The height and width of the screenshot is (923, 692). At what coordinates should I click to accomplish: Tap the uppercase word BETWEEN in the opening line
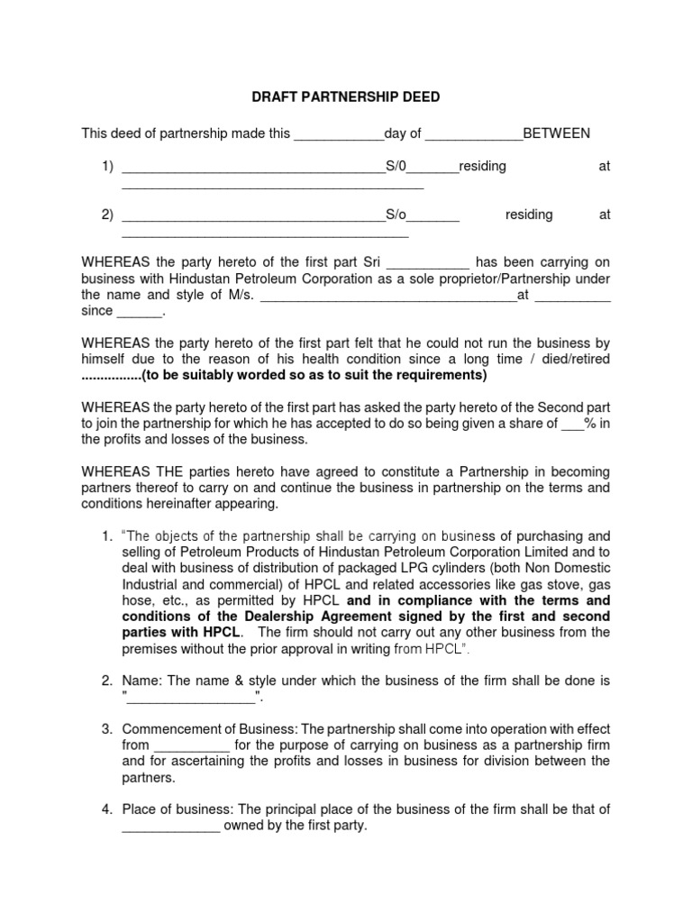pyautogui.click(x=557, y=133)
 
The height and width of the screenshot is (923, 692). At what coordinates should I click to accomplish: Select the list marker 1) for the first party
pyautogui.click(x=107, y=167)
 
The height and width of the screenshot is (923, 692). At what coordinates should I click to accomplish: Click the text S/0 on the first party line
pyautogui.click(x=397, y=167)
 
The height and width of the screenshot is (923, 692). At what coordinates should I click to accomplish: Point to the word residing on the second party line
pyautogui.click(x=529, y=215)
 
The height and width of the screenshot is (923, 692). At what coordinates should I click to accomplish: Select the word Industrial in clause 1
pyautogui.click(x=152, y=584)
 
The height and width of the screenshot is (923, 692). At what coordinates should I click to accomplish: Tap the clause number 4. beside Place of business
pyautogui.click(x=106, y=809)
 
